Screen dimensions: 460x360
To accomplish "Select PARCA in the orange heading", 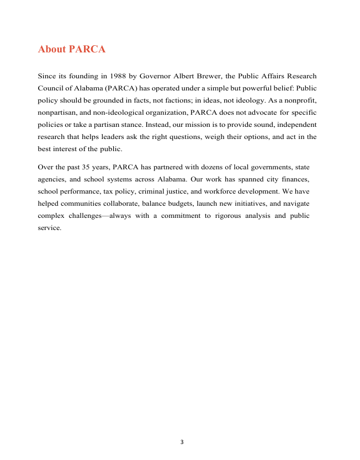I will click(87, 50).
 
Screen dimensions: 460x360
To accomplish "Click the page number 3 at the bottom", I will click(182, 442).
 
